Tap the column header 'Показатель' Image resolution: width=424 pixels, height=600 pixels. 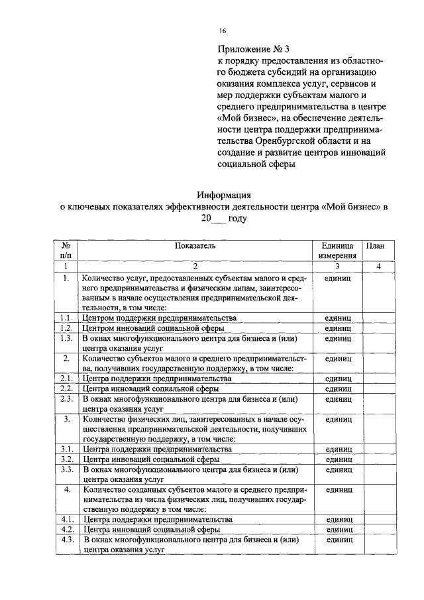(x=195, y=245)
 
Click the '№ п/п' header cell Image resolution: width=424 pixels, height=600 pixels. (x=66, y=250)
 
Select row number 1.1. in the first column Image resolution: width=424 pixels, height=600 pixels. (x=66, y=318)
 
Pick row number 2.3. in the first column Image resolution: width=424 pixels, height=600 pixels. (x=66, y=399)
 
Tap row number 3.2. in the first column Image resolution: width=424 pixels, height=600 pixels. (x=66, y=459)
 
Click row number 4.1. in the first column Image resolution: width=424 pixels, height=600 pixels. (x=66, y=519)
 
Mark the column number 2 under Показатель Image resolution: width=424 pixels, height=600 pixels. (x=195, y=267)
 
